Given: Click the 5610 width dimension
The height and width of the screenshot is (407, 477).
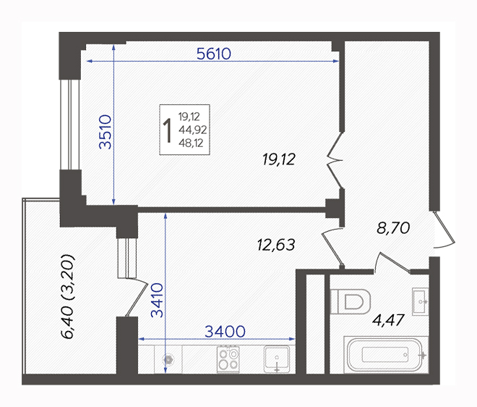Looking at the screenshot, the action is pyautogui.click(x=213, y=54).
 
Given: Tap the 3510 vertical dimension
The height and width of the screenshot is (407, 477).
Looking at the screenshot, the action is pyautogui.click(x=106, y=132).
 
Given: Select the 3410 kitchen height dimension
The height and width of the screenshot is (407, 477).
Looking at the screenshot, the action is pyautogui.click(x=158, y=301).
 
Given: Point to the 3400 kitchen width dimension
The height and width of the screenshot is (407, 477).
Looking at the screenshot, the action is pyautogui.click(x=225, y=331).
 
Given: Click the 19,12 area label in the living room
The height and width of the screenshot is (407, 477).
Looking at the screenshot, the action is pyautogui.click(x=279, y=159).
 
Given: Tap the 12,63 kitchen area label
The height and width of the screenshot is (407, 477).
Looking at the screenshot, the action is pyautogui.click(x=276, y=245).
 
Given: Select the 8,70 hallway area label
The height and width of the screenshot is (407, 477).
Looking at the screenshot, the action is pyautogui.click(x=393, y=227).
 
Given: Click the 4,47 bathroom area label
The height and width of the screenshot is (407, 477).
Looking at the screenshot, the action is pyautogui.click(x=388, y=320).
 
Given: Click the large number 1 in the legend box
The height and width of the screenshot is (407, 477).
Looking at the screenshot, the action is pyautogui.click(x=168, y=130).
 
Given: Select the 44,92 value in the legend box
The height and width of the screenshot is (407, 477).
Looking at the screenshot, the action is pyautogui.click(x=192, y=130).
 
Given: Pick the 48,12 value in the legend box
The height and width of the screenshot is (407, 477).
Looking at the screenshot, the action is pyautogui.click(x=191, y=143).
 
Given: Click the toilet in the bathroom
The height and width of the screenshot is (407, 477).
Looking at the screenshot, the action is pyautogui.click(x=350, y=301).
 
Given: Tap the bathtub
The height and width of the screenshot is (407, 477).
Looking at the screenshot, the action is pyautogui.click(x=384, y=355).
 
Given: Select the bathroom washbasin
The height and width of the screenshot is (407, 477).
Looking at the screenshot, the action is pyautogui.click(x=420, y=301).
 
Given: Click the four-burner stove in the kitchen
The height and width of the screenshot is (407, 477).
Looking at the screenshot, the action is pyautogui.click(x=228, y=359).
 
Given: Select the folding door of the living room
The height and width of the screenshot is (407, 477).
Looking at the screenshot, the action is pyautogui.click(x=335, y=160).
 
